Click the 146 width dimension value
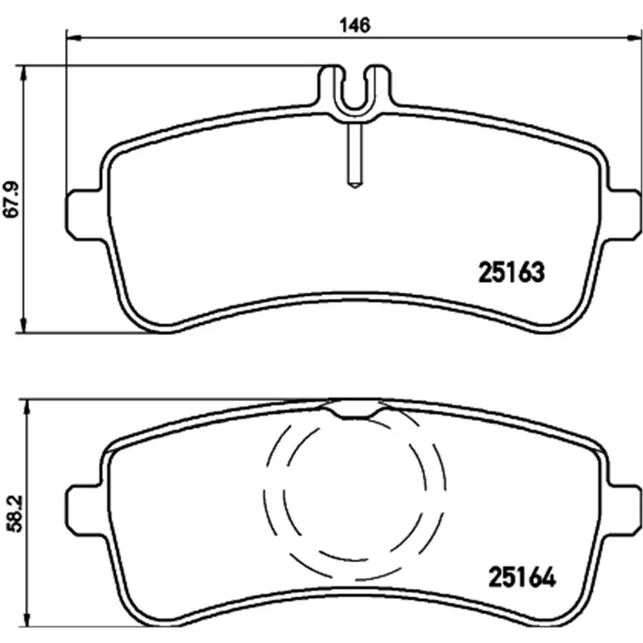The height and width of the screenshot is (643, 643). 354,25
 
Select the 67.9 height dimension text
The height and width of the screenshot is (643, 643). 12,199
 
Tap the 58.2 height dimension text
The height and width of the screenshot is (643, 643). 15,514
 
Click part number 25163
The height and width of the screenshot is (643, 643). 511,272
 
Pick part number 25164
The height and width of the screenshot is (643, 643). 522,577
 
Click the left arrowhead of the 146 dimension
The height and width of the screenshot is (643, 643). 74,38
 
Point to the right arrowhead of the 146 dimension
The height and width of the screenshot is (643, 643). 635,38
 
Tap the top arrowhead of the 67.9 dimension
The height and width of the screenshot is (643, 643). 24,73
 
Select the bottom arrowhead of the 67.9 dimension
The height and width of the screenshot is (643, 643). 24,325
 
